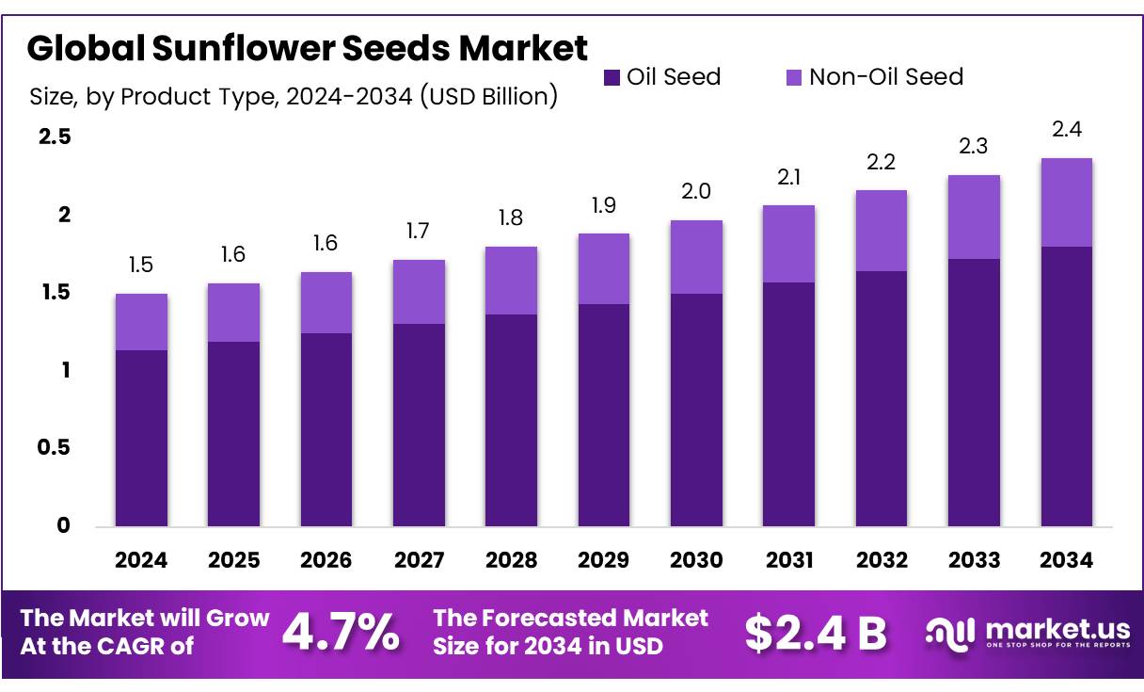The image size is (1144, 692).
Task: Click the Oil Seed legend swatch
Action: pos(612,77)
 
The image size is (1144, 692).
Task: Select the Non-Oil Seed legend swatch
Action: pos(793,77)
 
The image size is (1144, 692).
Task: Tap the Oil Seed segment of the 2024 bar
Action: pos(141,438)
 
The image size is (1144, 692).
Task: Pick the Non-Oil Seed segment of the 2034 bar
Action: pos(1067,202)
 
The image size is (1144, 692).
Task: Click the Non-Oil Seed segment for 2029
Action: pos(603,268)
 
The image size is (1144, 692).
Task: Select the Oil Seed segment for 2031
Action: pos(788,404)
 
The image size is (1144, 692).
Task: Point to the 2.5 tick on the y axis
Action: pos(54,137)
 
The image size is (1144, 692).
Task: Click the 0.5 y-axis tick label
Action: pos(54,448)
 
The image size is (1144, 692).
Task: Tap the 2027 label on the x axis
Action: pos(419,560)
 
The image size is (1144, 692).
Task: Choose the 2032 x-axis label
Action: pos(882,560)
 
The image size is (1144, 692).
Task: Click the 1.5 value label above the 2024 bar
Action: pos(141,266)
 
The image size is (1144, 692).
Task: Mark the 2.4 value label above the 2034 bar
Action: pos(1067,130)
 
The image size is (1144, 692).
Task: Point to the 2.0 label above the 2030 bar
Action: pos(696,192)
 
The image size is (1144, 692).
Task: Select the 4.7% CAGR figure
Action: pos(341,633)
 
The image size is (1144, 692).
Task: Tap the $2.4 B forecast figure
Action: pos(815,633)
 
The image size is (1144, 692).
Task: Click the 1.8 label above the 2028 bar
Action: pos(511,218)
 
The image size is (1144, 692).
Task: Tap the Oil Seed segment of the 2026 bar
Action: pos(326,429)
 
